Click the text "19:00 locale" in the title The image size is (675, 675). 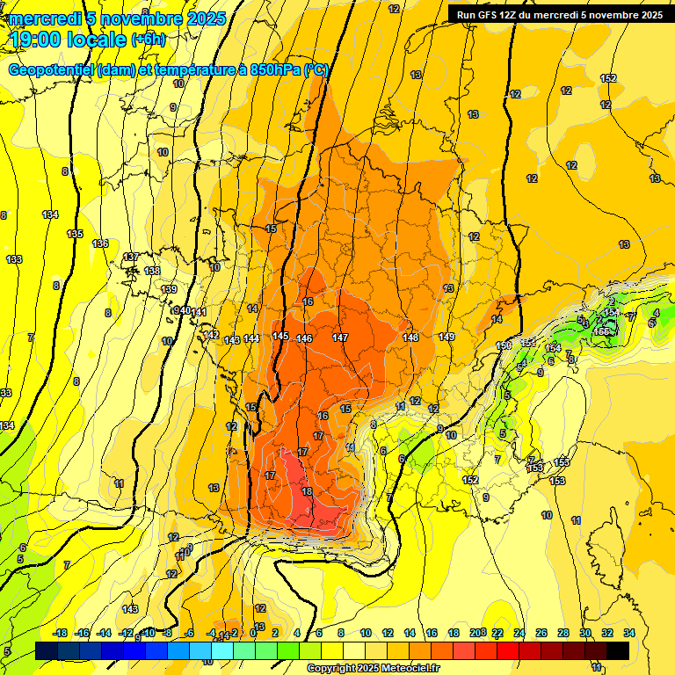click(69, 38)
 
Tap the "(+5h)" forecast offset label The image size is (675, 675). click(148, 40)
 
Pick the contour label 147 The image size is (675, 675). click(340, 337)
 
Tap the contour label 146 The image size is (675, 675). click(305, 338)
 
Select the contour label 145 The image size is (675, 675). click(280, 336)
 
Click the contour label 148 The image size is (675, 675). click(410, 337)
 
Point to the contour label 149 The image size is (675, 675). click(446, 337)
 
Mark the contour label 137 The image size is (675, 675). click(131, 257)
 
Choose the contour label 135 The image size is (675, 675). click(75, 234)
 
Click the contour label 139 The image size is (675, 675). click(169, 289)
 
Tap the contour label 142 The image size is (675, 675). click(211, 335)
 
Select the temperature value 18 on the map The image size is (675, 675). click(307, 491)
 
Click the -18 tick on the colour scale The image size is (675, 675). click(61, 633)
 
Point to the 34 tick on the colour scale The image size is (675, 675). click(629, 633)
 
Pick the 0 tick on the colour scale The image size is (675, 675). click(253, 633)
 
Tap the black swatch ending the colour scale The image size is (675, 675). click(618, 650)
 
